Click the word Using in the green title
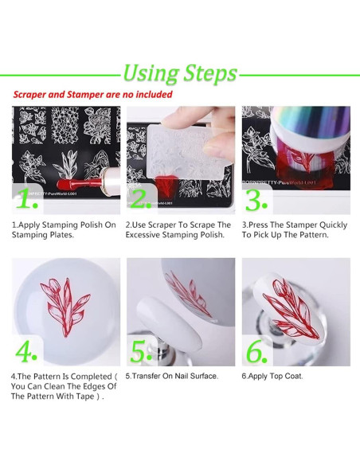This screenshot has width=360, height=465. (151, 73)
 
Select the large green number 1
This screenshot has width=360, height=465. (27, 198)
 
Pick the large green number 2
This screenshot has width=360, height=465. (140, 198)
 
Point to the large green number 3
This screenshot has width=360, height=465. (256, 200)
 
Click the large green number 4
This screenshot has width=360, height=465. (26, 351)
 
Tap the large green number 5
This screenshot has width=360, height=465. (141, 351)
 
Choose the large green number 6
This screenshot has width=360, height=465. (256, 351)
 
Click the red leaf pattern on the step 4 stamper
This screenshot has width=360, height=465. (65, 307)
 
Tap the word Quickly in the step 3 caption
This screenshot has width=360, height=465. (333, 225)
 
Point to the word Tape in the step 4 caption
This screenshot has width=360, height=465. (84, 397)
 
